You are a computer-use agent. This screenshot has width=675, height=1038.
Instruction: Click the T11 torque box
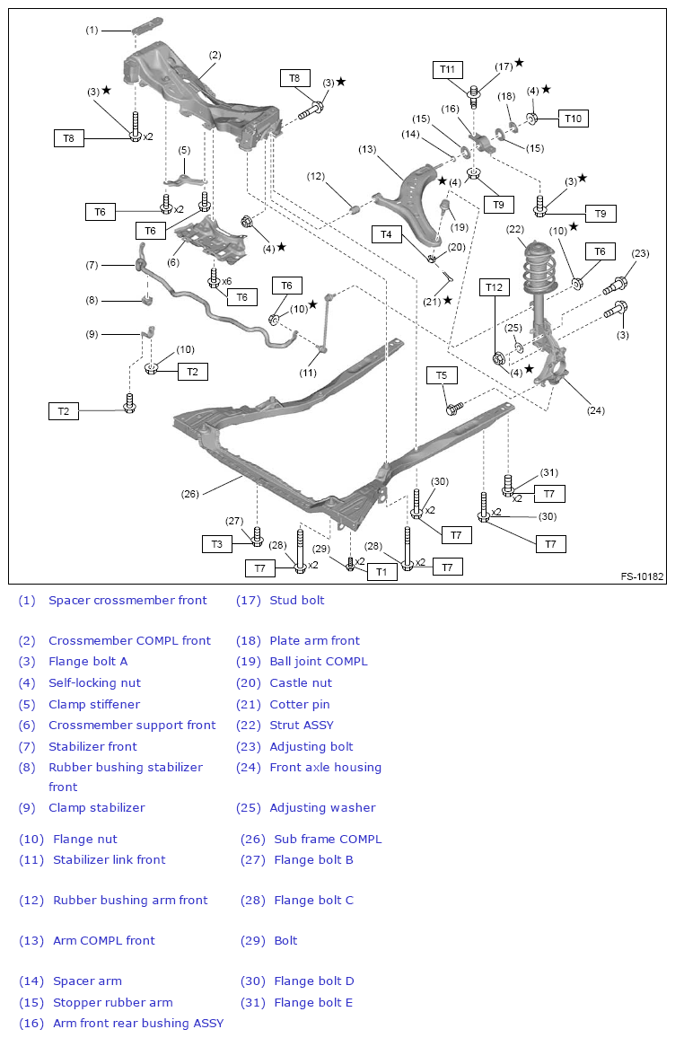pos(448,69)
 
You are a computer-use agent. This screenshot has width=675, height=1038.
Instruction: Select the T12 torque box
pos(495,287)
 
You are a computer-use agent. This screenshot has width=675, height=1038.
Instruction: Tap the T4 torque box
pos(387,234)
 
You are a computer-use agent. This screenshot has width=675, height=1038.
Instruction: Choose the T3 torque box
pos(216,543)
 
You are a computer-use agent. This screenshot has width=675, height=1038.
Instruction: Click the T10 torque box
pos(574,118)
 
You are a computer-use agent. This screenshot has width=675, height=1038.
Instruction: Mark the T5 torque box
pos(442,374)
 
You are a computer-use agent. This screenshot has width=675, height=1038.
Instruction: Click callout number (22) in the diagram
pos(514,230)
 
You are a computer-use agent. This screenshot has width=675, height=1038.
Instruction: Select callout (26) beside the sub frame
pos(190,493)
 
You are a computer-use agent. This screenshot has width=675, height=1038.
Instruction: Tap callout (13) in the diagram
pos(367,149)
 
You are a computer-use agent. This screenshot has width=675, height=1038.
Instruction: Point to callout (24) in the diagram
pos(596,410)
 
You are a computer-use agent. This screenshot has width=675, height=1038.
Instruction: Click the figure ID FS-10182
pos(642,576)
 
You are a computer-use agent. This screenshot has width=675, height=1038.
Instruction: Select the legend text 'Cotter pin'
pos(300,704)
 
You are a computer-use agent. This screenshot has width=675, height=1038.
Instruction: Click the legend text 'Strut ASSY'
pos(301,725)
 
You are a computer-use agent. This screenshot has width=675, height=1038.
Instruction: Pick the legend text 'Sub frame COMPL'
pos(328,839)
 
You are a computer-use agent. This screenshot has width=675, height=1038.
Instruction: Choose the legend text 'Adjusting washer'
pos(322,807)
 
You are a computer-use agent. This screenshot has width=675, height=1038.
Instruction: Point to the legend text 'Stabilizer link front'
pos(109,859)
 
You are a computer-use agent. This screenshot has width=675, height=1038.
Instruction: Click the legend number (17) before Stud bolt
pos(249,600)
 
